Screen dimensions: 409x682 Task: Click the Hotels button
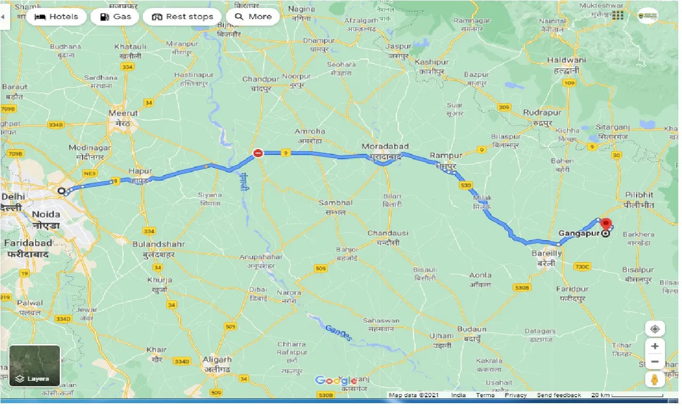tap(56, 17)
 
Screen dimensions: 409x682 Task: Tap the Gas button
tap(115, 17)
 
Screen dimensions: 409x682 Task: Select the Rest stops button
tap(182, 17)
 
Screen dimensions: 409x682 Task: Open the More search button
tap(253, 17)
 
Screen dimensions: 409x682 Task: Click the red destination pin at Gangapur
tap(606, 225)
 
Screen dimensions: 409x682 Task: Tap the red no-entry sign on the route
tap(258, 153)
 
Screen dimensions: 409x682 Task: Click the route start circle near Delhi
tap(62, 191)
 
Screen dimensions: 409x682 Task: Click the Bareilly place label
tap(547, 253)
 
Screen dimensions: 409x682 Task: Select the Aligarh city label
tap(217, 359)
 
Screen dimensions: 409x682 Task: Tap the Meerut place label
tap(123, 113)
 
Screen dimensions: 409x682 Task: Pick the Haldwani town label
tap(566, 60)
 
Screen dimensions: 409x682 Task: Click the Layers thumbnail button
tap(35, 365)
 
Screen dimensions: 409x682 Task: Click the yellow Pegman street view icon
tap(655, 379)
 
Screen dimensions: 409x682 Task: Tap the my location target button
tap(655, 329)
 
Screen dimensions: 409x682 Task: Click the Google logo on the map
tap(336, 380)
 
